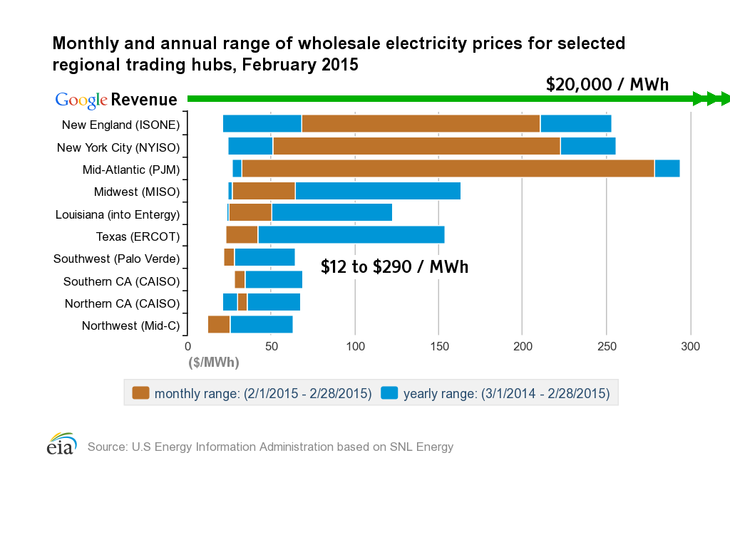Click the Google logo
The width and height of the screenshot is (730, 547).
pyautogui.click(x=81, y=100)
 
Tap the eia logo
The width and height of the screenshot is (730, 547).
pyautogui.click(x=62, y=444)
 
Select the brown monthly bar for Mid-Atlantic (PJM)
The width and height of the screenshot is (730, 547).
pyautogui.click(x=448, y=168)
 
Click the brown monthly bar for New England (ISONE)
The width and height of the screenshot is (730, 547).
pyautogui.click(x=421, y=124)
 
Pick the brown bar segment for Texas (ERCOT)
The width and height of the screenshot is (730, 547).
pyautogui.click(x=242, y=234)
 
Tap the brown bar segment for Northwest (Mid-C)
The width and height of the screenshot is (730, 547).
pyautogui.click(x=219, y=324)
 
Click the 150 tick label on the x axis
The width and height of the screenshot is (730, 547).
pyautogui.click(x=439, y=347)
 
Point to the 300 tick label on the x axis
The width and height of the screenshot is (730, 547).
pyautogui.click(x=690, y=347)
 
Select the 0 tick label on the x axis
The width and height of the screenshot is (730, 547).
pyautogui.click(x=187, y=347)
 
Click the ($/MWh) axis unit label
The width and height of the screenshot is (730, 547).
pyautogui.click(x=214, y=363)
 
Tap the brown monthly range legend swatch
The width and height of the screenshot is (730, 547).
pyautogui.click(x=140, y=393)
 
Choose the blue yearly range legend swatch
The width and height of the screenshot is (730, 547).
pyautogui.click(x=389, y=393)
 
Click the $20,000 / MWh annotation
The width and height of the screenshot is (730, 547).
pyautogui.click(x=607, y=85)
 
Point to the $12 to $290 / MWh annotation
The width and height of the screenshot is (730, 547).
pyautogui.click(x=394, y=267)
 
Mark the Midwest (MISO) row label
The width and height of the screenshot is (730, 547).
pyautogui.click(x=137, y=192)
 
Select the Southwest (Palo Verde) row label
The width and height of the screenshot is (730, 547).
pyautogui.click(x=116, y=259)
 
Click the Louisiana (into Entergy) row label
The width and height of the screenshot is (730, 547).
pyautogui.click(x=118, y=214)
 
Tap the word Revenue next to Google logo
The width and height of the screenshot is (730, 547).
pyautogui.click(x=144, y=100)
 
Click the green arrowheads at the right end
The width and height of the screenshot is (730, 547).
pyautogui.click(x=711, y=98)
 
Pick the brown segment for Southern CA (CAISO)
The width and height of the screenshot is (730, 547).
pyautogui.click(x=240, y=279)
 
